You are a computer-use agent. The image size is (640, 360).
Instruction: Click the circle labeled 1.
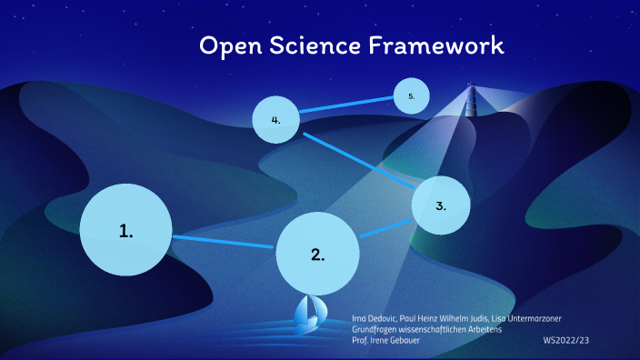(125, 230)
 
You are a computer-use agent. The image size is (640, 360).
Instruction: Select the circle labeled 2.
(316, 254)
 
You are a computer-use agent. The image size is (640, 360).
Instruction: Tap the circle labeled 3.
(441, 205)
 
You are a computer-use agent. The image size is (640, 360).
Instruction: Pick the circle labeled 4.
(275, 119)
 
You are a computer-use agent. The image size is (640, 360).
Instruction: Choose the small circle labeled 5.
(411, 95)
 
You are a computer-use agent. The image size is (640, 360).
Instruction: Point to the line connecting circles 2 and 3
(385, 229)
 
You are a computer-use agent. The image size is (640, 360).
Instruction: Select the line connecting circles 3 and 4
(359, 160)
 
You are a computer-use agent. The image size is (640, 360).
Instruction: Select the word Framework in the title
(435, 46)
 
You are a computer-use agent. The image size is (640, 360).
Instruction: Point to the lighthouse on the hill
(470, 100)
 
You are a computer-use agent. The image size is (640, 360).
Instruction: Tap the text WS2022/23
(566, 339)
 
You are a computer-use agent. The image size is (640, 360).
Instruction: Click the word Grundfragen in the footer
(376, 328)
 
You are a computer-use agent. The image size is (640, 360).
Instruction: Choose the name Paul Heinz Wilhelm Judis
(445, 317)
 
